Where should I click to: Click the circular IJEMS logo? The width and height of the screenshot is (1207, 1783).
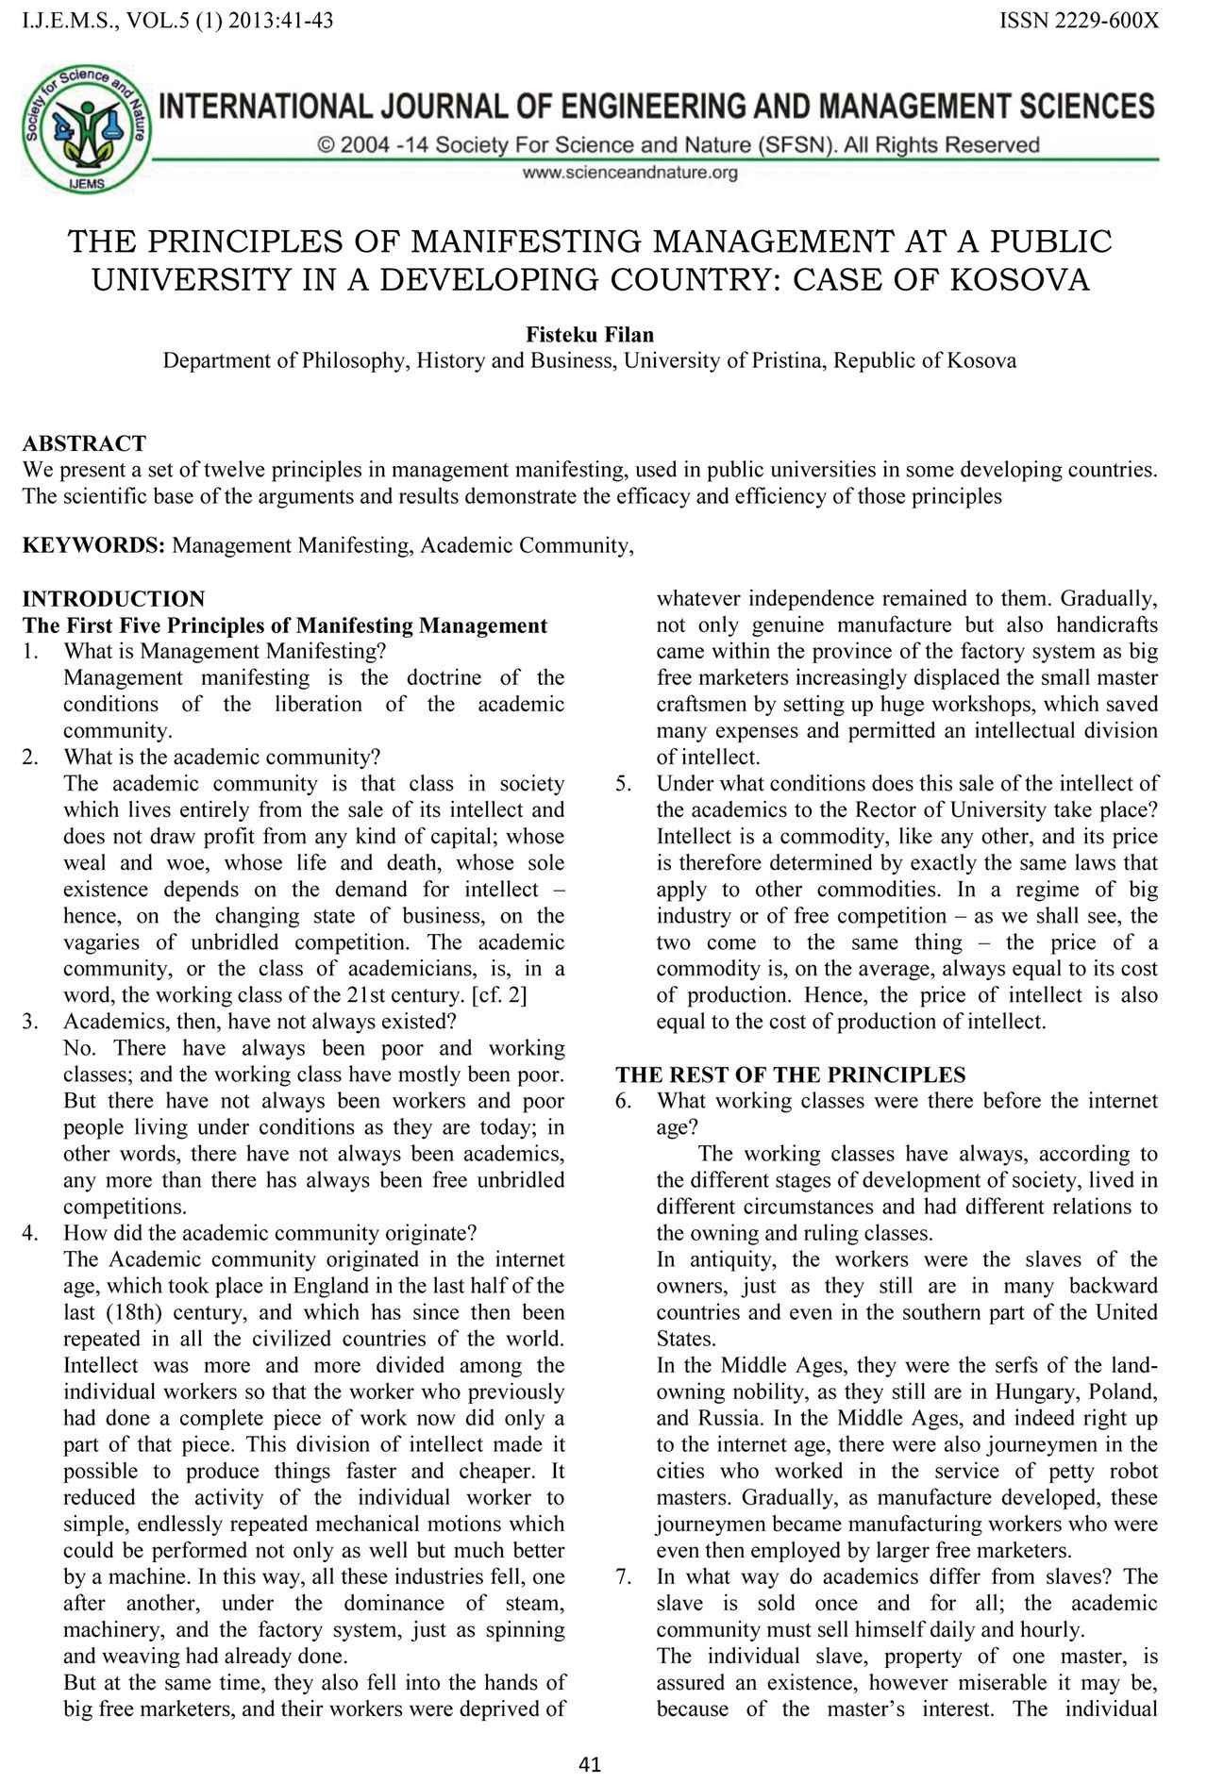[86, 126]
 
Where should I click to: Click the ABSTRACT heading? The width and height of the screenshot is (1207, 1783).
[84, 443]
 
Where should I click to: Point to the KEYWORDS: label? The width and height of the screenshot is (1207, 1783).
[94, 545]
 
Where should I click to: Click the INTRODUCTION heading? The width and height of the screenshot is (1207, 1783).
[113, 599]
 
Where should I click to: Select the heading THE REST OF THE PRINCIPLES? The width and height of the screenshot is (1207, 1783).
[791, 1075]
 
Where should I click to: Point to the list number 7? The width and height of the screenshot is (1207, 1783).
[624, 1576]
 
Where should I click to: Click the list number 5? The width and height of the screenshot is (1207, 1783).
[624, 783]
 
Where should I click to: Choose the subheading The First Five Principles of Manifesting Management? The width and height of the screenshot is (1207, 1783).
[284, 625]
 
